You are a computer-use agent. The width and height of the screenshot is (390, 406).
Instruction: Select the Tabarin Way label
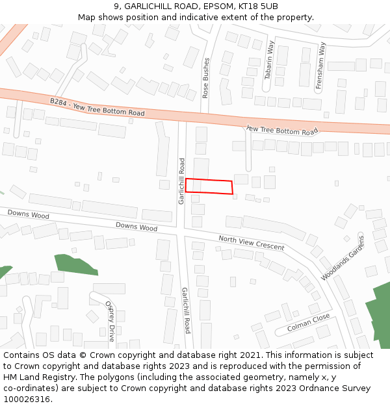(269, 60)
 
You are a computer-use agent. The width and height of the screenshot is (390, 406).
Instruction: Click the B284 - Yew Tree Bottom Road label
(97, 107)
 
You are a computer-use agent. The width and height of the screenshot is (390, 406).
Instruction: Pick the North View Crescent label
(252, 243)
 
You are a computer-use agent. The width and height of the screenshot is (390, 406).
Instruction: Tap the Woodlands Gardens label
(343, 258)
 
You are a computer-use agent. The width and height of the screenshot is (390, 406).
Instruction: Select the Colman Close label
(309, 323)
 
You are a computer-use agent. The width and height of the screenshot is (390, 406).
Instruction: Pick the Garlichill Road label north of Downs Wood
(182, 181)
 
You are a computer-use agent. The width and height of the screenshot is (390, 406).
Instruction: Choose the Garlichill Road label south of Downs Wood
(186, 310)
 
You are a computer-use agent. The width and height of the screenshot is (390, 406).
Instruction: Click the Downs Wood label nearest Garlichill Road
(136, 227)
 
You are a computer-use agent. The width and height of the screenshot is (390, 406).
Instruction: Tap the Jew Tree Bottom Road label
(282, 131)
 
